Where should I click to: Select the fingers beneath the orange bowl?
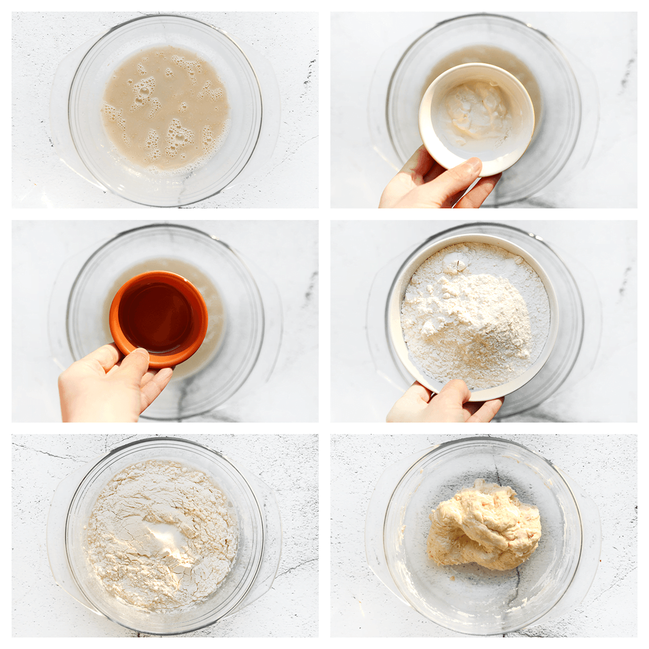[155, 384]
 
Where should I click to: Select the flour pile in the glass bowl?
[160, 536]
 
